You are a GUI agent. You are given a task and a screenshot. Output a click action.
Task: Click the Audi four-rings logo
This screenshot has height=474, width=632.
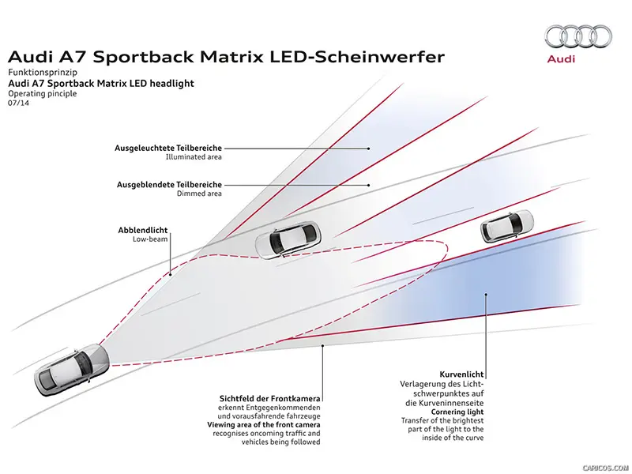tap(578, 36)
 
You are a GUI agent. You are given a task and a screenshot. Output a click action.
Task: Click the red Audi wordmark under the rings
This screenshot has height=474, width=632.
tap(561, 58)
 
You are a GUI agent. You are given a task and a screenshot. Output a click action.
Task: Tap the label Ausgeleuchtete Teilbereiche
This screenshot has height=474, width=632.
tap(168, 148)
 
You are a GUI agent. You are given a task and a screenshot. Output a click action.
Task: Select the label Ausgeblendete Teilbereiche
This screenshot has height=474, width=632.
tap(169, 185)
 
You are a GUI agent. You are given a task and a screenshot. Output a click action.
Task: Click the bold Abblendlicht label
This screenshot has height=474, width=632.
tap(143, 230)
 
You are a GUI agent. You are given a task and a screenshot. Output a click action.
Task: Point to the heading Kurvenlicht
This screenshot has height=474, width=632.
tap(461, 374)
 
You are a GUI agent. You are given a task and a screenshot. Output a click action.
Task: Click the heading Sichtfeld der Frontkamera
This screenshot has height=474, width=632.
tap(269, 398)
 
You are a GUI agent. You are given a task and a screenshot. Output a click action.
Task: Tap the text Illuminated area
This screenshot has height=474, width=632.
tap(194, 156)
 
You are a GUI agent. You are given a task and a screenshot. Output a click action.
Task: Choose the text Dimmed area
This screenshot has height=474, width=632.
tap(199, 194)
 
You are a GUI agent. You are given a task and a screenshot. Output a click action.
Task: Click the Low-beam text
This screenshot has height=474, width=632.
tap(150, 239)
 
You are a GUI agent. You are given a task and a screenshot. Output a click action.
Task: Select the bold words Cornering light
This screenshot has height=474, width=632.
tap(457, 412)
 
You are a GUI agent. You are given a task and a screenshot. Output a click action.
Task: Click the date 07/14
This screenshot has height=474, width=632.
tap(18, 103)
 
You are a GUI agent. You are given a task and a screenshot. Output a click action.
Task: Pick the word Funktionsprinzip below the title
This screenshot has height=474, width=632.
tap(43, 72)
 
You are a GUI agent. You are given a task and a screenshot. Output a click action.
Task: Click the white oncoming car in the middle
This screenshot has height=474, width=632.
tap(288, 240)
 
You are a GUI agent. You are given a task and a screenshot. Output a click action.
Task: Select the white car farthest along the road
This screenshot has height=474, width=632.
tap(507, 226)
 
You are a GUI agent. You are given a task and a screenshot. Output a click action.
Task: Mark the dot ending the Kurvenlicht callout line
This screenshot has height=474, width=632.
tap(486, 294)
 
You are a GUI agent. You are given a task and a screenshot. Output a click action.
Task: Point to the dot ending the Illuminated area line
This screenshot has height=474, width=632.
tap(369, 149)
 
